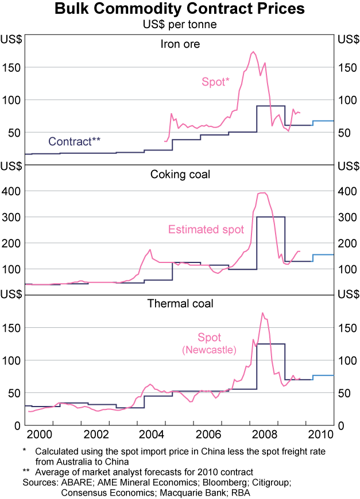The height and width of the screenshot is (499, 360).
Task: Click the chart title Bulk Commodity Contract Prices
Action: pos(180,10)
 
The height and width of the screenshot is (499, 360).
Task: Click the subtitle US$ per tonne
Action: pos(180,25)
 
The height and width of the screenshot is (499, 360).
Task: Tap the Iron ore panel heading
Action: pos(180,44)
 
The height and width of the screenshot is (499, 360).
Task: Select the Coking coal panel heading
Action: pos(180,174)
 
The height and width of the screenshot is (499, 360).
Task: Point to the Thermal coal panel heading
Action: pos(180,303)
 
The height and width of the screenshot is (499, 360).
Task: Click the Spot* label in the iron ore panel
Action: pos(215,82)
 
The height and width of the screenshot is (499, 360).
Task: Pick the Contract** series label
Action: pos(75,141)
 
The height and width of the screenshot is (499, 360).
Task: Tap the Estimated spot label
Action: pos(206,230)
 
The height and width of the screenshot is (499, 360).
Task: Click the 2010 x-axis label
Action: pos(325,433)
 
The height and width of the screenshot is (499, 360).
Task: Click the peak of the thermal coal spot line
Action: pos(262,313)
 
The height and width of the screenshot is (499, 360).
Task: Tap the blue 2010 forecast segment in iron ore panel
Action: pos(323,121)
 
